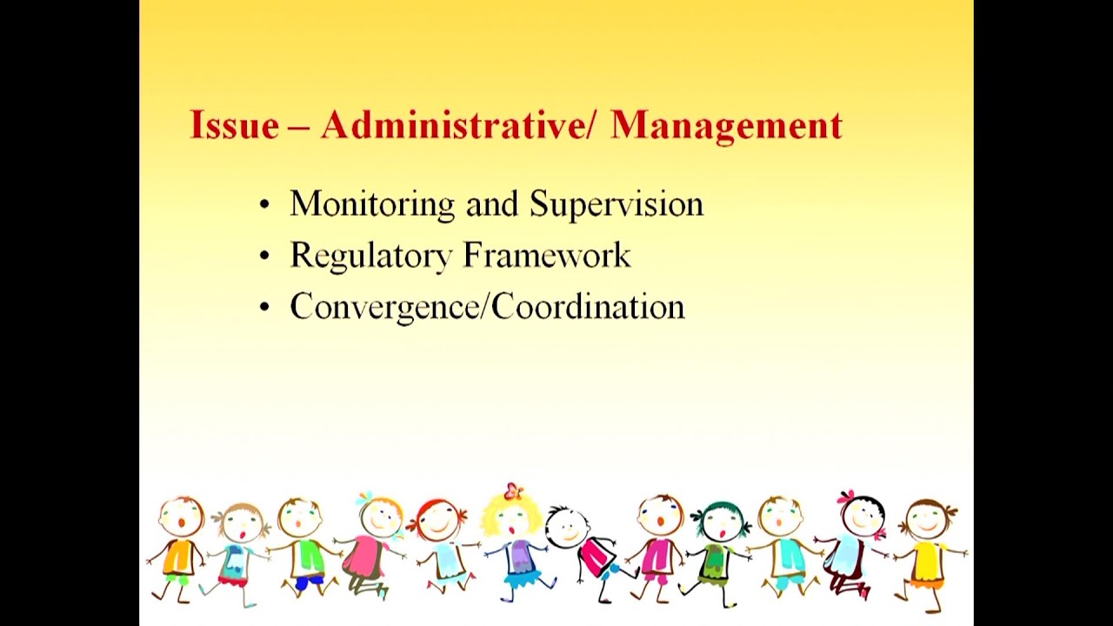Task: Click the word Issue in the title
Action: click(234, 125)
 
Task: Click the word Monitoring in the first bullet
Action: click(372, 204)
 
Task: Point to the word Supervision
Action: click(616, 204)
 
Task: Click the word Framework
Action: click(547, 256)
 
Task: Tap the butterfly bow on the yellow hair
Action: click(514, 491)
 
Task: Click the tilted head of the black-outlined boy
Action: click(566, 526)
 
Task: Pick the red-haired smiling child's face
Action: click(438, 522)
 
